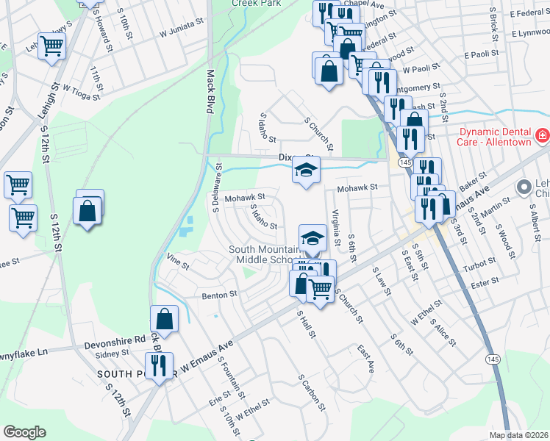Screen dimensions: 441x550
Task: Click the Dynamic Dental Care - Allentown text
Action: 495,137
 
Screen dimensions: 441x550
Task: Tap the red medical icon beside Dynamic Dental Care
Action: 542,136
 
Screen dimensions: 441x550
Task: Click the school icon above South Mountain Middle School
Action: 312,237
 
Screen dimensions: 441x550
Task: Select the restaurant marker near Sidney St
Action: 160,364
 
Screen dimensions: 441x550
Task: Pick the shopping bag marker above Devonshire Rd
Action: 164,319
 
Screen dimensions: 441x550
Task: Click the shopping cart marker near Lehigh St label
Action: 51,46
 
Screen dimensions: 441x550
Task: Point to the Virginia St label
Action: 337,227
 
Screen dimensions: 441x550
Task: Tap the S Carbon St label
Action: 312,392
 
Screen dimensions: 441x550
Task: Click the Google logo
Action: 25,431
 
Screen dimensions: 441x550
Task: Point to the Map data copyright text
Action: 519,435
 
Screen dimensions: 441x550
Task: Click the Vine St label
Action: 174,259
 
